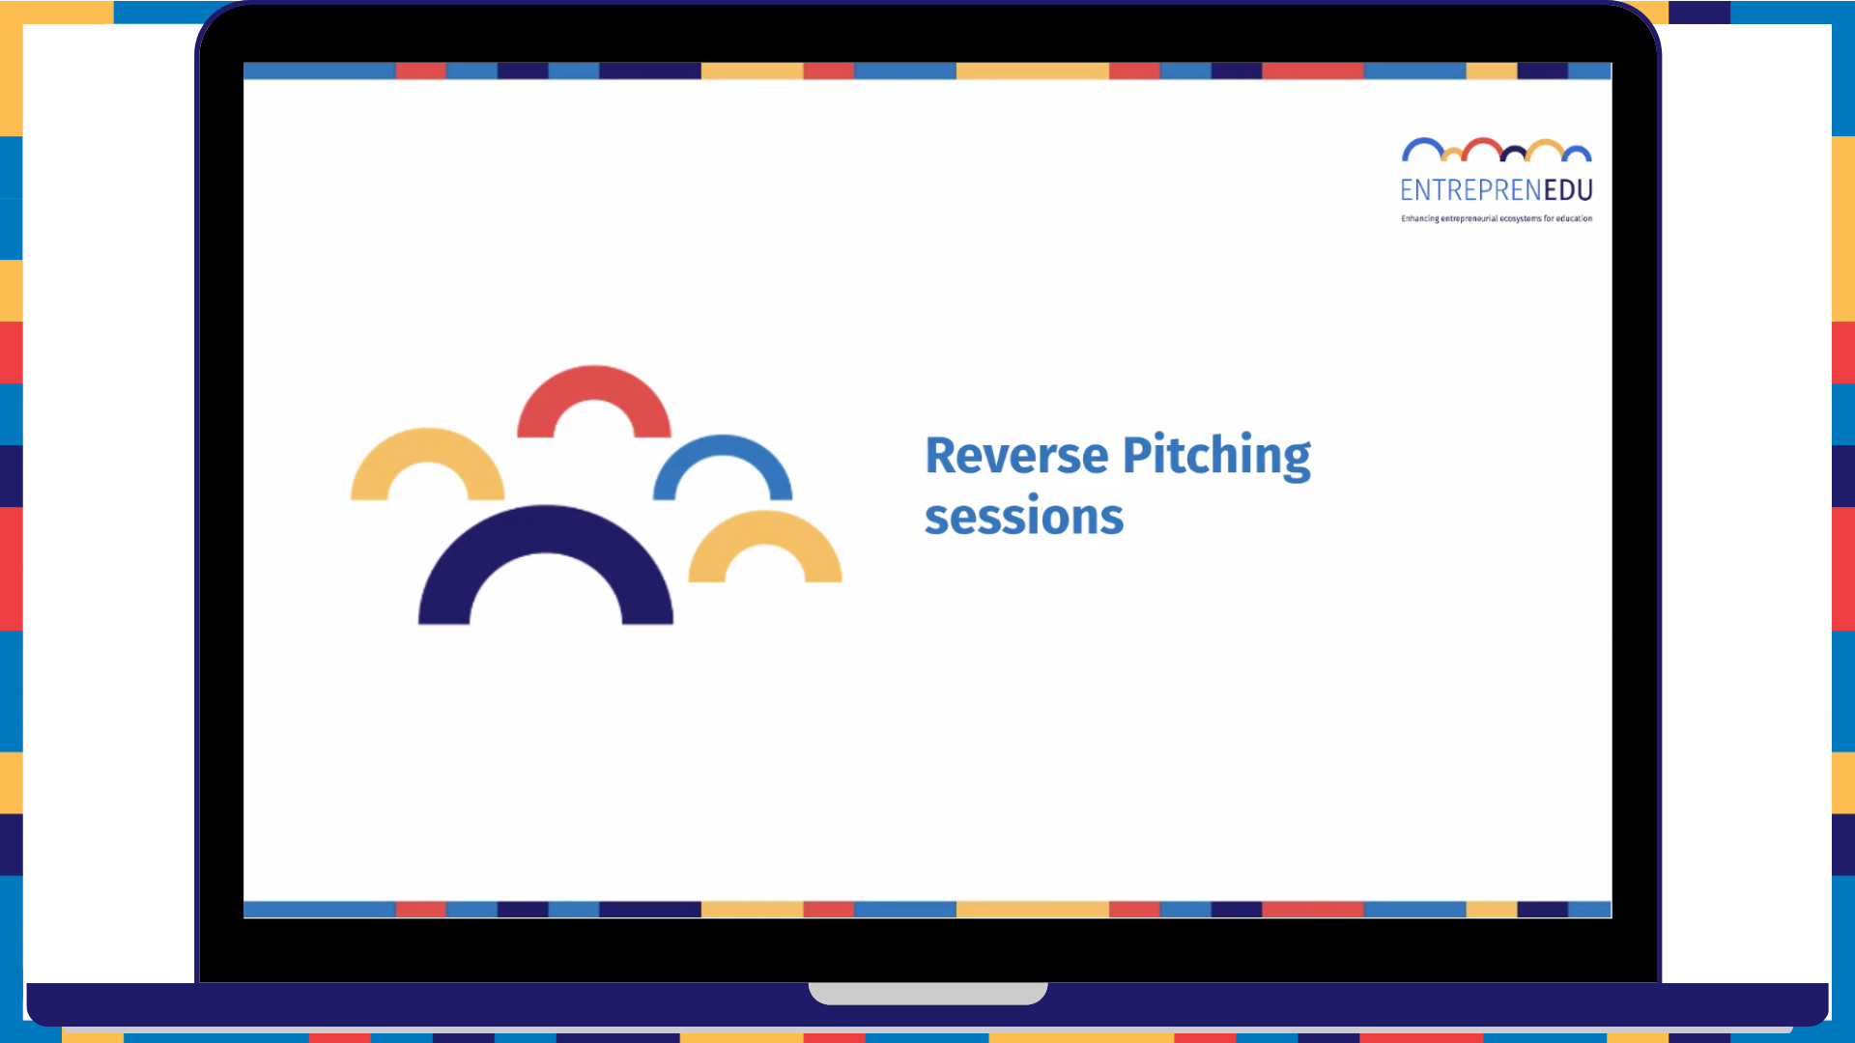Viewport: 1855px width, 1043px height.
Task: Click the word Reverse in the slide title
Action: tap(1016, 456)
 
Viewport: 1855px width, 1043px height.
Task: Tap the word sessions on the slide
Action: tap(1024, 517)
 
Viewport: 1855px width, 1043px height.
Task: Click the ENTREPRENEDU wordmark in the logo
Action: tap(1497, 190)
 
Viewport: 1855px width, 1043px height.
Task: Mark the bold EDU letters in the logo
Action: tap(1568, 190)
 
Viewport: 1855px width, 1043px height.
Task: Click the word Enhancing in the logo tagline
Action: tap(1420, 219)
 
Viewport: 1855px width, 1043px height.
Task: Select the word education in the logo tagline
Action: tap(1574, 219)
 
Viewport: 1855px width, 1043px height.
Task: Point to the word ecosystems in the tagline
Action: tap(1521, 219)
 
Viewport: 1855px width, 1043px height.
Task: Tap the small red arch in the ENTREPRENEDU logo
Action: tap(1482, 141)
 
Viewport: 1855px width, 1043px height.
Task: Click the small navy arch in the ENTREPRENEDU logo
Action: tap(1514, 148)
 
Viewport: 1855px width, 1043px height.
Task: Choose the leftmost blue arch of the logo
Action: tap(1423, 141)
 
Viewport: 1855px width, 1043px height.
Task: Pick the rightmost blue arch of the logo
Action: tap(1577, 148)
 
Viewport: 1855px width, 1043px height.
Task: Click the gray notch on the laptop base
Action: tap(927, 993)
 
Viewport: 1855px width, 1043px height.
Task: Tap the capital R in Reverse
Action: tap(941, 456)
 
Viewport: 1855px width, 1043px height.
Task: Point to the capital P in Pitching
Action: tap(1137, 455)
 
